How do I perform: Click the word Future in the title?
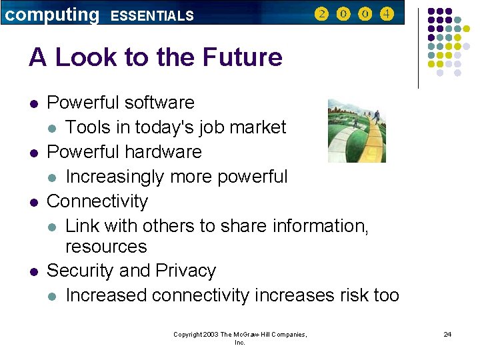click(243, 58)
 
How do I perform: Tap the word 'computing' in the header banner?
click(51, 14)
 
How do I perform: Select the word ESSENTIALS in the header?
click(152, 15)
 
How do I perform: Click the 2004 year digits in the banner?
click(355, 13)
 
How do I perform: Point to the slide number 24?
click(447, 334)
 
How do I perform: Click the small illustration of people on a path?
click(357, 131)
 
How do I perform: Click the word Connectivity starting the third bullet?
click(97, 201)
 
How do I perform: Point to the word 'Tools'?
click(89, 127)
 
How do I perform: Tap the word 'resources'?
click(105, 247)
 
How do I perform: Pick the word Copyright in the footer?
click(188, 335)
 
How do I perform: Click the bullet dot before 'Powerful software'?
click(33, 103)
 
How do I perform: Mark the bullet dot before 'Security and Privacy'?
click(33, 271)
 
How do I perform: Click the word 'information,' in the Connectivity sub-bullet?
click(321, 226)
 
